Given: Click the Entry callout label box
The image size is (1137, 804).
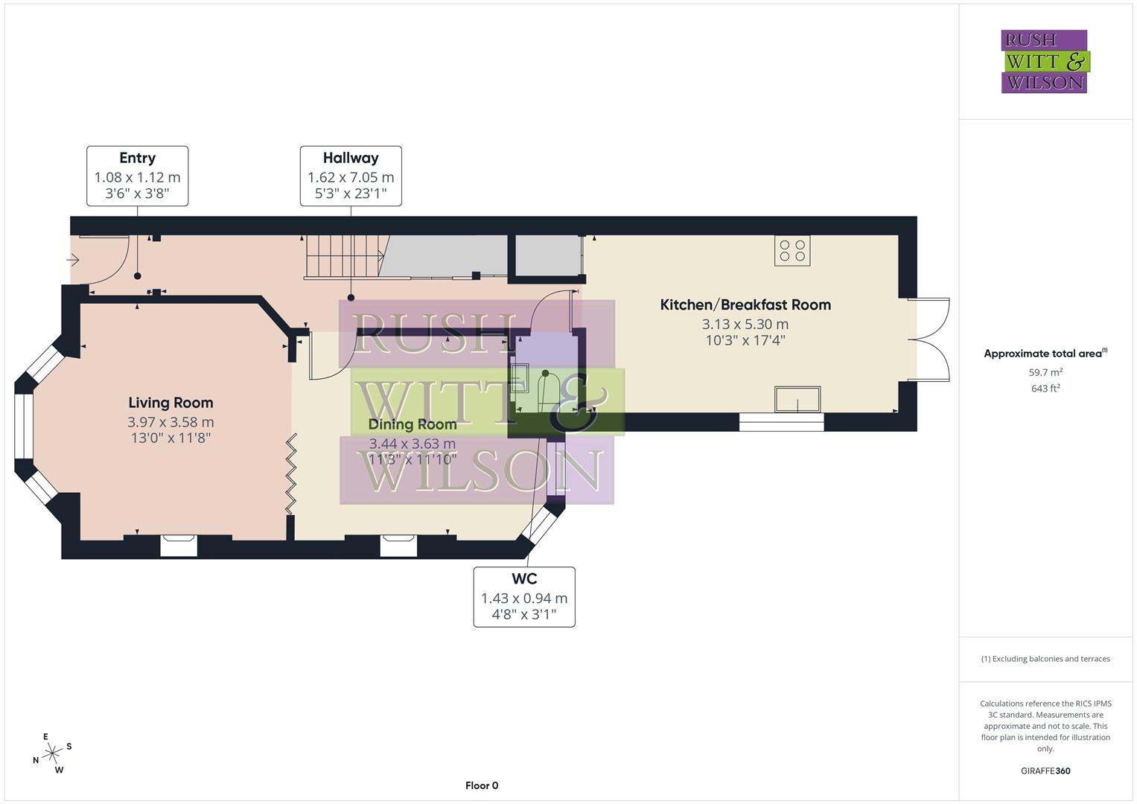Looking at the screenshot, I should coord(137,176).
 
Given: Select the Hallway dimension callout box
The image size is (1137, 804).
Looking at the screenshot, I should coord(351,176).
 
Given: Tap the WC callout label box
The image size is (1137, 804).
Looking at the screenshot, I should coord(524,597).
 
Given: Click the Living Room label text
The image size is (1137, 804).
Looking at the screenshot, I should coord(171,403).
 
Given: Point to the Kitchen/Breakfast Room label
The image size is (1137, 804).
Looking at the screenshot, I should coord(745,304).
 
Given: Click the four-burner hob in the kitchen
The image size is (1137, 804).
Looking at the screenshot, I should coord(792,251).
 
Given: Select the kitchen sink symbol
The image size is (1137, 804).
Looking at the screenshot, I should coord(797,399).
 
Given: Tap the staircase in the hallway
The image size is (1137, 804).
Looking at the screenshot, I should coord(343,257).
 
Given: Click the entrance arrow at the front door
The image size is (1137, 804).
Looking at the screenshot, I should coord(73,260).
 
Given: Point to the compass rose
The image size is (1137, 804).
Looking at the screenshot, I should coord(52,753).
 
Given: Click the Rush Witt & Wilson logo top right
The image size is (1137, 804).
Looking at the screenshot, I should coord(1044,62).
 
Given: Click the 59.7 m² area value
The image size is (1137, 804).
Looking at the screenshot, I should coord(1045,372).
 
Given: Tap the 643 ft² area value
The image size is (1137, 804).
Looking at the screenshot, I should coord(1045,389).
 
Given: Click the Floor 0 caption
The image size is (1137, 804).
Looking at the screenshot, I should coord(482,785).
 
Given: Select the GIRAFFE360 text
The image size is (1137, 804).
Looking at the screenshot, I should coord(1045,771).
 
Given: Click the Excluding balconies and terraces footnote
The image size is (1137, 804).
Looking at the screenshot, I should coord(1045,659).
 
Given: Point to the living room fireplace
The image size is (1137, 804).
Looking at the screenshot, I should coord(179,546).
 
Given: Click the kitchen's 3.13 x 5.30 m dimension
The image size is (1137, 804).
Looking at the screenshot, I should coord(745,325).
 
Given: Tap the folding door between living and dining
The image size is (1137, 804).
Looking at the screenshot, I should coord(292,474).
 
